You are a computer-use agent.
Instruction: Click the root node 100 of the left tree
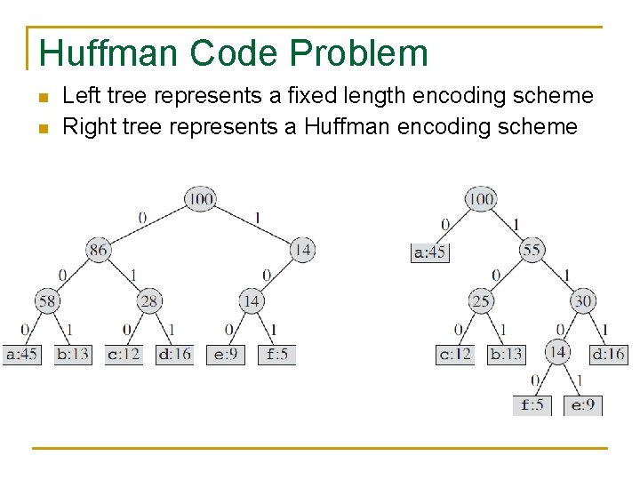[201, 198]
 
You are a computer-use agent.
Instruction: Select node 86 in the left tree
[99, 250]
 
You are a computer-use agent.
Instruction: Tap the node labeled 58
[47, 301]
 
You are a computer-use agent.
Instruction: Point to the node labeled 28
[149, 301]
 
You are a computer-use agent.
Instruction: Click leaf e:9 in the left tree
[226, 354]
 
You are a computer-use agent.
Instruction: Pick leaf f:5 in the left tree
[276, 354]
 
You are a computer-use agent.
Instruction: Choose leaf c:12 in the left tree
[124, 354]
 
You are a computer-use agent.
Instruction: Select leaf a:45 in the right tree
[430, 252]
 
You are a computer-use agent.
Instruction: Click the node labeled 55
[532, 250]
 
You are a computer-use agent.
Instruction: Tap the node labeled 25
[481, 301]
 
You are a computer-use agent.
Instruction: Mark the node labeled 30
[583, 301]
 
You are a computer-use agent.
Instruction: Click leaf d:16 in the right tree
[609, 354]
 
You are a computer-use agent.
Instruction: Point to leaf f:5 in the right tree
[532, 405]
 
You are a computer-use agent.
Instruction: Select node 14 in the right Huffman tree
[557, 352]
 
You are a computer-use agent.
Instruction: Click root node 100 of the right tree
[481, 198]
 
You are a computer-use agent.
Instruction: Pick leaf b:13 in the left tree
[73, 354]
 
